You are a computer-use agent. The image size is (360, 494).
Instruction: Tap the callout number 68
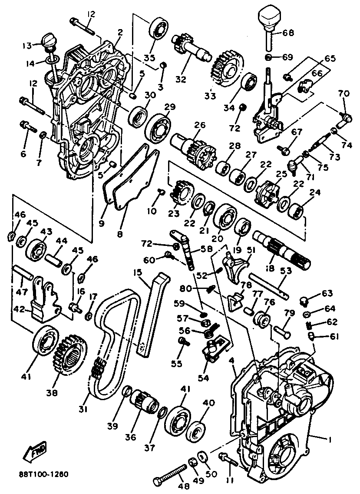pos(288,33)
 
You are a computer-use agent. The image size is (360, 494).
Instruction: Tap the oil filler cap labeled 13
pos(48,41)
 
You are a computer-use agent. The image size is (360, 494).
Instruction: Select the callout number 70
pos(343,93)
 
